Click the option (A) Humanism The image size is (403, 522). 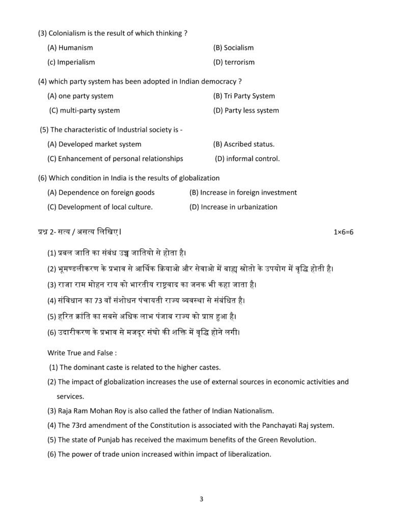[x=70, y=48]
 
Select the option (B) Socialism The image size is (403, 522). [x=233, y=48]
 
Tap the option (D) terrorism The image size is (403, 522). [x=234, y=62]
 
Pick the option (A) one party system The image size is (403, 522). [x=80, y=96]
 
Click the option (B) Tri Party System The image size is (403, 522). [x=244, y=96]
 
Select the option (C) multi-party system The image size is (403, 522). [x=85, y=110]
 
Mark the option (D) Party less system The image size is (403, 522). [x=246, y=110]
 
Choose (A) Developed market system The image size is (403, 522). [x=94, y=144]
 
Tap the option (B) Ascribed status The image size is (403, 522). [x=244, y=144]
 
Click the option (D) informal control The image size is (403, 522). [x=247, y=159]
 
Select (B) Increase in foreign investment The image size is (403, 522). [x=243, y=193]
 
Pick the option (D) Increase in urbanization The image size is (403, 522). [x=233, y=207]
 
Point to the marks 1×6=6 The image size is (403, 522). [x=343, y=232]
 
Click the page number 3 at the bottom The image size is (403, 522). [x=202, y=499]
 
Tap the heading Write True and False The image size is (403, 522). [x=82, y=352]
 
